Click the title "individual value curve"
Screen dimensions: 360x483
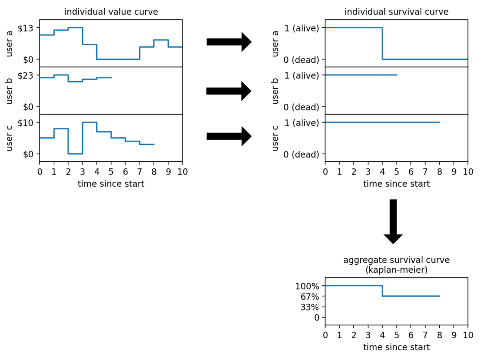coord(111,11)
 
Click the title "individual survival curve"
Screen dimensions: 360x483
coord(396,11)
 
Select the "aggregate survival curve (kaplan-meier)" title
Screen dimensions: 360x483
coord(396,265)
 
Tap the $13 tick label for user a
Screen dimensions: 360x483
coord(27,28)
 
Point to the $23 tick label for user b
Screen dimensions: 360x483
coord(27,75)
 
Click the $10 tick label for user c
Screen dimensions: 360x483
coord(27,122)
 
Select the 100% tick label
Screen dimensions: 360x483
coord(307,286)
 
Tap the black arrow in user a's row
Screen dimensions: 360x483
coord(229,42)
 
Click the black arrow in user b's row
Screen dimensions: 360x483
coord(229,91)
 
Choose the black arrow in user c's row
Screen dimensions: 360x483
coord(229,136)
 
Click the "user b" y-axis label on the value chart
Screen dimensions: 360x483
coord(10,90)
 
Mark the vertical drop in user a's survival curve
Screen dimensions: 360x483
coord(382,43)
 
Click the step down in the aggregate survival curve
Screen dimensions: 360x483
coord(382,291)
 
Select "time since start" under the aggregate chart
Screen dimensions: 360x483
coord(396,347)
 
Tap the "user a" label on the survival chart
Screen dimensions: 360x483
coord(276,43)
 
